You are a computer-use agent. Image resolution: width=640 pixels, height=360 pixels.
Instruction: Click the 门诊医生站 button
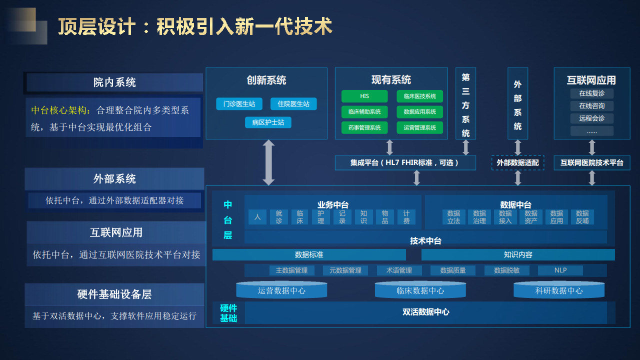(x=239, y=104)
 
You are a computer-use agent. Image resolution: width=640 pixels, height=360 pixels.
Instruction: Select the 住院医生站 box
(x=293, y=104)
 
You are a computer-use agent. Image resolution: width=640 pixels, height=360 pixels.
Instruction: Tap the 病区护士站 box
(x=268, y=122)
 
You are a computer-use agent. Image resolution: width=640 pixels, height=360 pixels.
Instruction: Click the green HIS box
(x=364, y=96)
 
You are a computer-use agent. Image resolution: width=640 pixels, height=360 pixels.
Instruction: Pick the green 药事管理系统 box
(x=364, y=127)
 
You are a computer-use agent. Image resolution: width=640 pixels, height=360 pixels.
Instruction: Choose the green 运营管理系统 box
(x=419, y=127)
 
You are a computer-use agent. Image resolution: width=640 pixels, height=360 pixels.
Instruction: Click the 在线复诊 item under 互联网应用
(x=591, y=93)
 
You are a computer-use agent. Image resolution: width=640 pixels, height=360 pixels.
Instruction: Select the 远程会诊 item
(x=591, y=118)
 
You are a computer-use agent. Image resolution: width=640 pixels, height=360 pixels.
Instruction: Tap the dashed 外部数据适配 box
(x=517, y=163)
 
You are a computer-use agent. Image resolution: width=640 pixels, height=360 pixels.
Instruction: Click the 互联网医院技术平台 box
(x=591, y=163)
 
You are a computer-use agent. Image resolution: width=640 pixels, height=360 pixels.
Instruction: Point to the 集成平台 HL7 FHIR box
(x=405, y=163)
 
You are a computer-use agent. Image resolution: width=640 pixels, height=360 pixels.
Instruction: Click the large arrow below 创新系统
(x=268, y=162)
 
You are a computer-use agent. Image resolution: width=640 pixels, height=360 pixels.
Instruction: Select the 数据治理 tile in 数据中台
(x=479, y=217)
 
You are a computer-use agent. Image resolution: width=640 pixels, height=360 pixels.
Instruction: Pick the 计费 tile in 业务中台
(x=406, y=217)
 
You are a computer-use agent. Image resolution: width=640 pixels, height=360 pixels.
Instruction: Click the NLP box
(x=560, y=270)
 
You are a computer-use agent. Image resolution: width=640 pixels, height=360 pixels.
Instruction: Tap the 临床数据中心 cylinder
(x=420, y=290)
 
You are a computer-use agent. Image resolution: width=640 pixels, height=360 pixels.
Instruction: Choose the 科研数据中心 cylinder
(x=558, y=290)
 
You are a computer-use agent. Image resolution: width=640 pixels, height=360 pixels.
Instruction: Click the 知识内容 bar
(x=518, y=254)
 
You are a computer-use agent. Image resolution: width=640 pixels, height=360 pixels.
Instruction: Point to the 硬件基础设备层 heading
(x=114, y=294)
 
